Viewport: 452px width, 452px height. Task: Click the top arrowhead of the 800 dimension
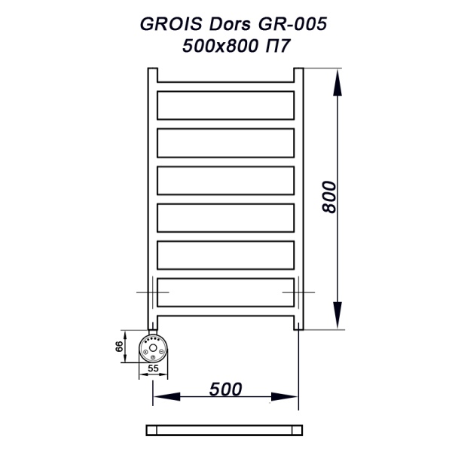click(x=337, y=78)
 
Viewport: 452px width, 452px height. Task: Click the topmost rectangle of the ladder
click(x=224, y=104)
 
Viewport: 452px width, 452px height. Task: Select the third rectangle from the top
click(x=224, y=179)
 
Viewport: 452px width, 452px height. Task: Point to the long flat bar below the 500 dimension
click(x=224, y=429)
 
